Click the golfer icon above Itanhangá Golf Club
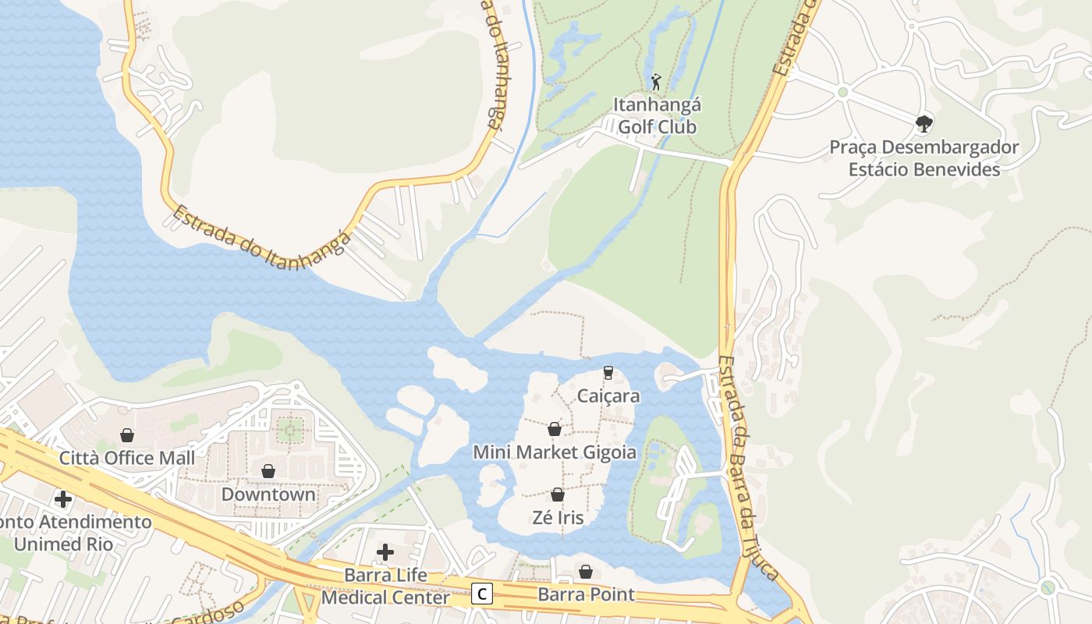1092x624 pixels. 656,81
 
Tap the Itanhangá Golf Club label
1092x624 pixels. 657,115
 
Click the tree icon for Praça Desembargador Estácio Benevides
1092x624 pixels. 924,123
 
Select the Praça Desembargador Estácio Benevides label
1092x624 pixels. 924,158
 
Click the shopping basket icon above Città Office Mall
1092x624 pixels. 127,435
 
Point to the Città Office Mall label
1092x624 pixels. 127,457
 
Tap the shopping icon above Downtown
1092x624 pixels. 268,472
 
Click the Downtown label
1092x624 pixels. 268,494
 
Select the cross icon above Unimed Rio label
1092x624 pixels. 63,499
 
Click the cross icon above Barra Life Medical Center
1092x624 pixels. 385,552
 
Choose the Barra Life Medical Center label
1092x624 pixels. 386,587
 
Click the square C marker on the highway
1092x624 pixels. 483,594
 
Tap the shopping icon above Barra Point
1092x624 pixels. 586,572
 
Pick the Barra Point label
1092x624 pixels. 586,594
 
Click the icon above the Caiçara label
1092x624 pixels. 608,373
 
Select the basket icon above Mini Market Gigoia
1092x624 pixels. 555,430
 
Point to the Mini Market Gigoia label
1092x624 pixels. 555,452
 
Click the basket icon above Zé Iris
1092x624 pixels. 558,495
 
